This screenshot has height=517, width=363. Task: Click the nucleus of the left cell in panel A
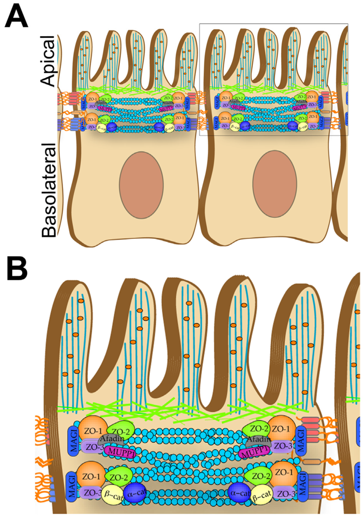coord(141,184)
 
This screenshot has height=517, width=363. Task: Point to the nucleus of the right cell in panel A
coord(274,184)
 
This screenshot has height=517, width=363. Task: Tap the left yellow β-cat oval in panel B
coord(111,494)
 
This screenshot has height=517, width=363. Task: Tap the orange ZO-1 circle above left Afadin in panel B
coord(93,429)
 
